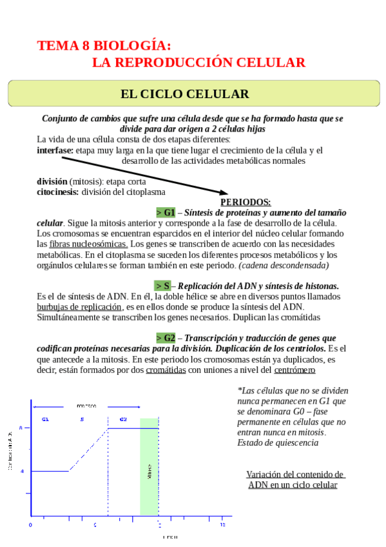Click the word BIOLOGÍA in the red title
(133, 46)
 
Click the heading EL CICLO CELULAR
(184, 94)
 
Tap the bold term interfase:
(55, 150)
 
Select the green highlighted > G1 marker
(166, 212)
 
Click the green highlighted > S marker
(163, 286)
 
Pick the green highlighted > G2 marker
(166, 338)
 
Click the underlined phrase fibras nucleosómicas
(90, 244)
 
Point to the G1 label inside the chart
(45, 420)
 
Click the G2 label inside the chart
(123, 420)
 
